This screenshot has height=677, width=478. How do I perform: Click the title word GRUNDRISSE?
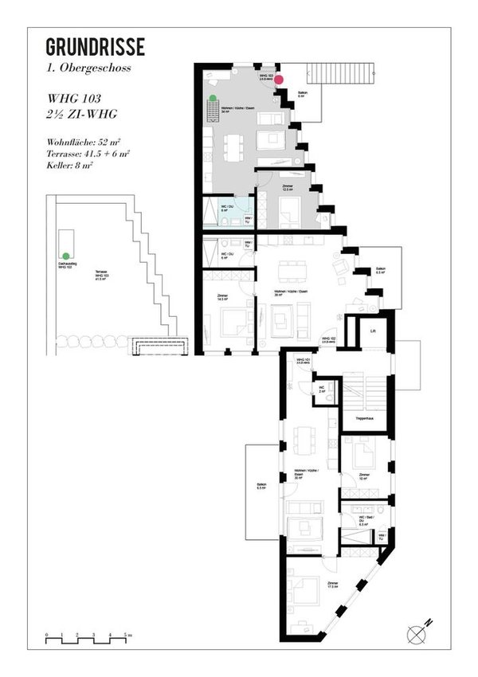[95, 47]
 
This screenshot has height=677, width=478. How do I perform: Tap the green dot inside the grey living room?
[213, 98]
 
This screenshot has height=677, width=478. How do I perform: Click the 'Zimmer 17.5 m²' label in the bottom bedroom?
[333, 586]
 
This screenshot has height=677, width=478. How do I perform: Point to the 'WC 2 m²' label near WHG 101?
[320, 390]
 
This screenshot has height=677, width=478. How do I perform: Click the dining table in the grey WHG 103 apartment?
[234, 146]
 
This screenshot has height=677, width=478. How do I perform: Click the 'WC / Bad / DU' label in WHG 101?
[362, 522]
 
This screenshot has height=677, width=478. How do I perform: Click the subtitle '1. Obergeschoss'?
[88, 68]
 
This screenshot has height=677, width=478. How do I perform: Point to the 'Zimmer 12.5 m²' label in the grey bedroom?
[288, 188]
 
